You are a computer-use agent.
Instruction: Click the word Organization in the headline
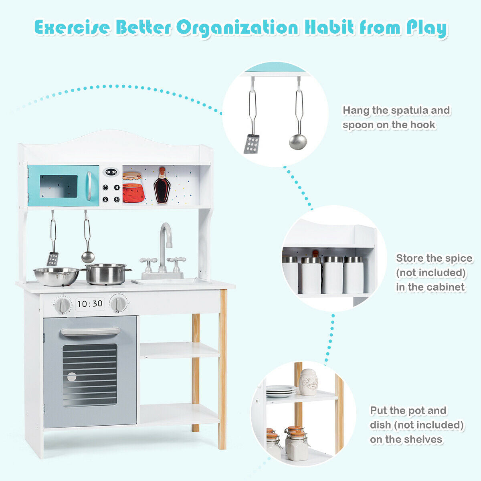tap(238, 28)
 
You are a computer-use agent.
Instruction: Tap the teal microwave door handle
tap(89, 186)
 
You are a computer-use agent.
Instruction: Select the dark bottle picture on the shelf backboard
tap(162, 186)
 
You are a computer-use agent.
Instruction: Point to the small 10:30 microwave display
tap(111, 172)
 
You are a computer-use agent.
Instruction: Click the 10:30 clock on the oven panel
tap(90, 304)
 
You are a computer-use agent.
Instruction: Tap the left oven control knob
tap(63, 305)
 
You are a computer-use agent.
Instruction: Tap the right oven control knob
tap(118, 303)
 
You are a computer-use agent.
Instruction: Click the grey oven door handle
tap(90, 331)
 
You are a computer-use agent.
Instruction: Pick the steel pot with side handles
tap(106, 274)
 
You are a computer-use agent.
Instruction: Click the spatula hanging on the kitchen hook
tap(53, 259)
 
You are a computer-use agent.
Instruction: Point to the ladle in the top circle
tap(298, 141)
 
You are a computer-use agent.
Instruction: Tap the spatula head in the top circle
tap(251, 143)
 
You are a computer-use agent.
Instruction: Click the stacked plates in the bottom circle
tap(281, 391)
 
